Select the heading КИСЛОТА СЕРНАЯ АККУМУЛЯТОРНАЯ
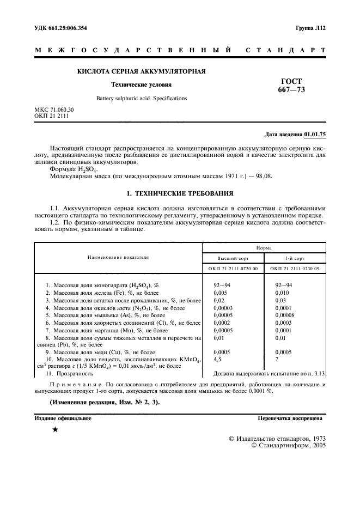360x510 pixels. tap(141, 71)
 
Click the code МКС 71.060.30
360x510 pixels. tap(54, 110)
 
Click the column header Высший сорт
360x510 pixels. tap(233, 257)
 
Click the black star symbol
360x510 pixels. tap(54, 429)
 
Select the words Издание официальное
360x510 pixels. tap(63, 418)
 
